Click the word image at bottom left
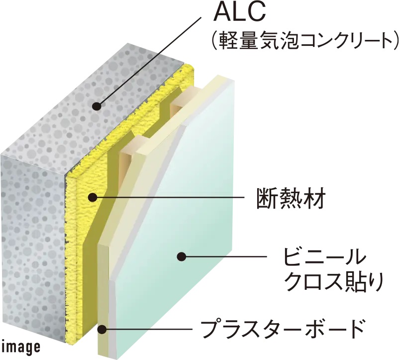21,347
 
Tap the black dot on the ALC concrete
97,107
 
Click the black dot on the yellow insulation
92,197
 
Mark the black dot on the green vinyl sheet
182,257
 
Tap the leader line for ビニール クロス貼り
224,257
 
